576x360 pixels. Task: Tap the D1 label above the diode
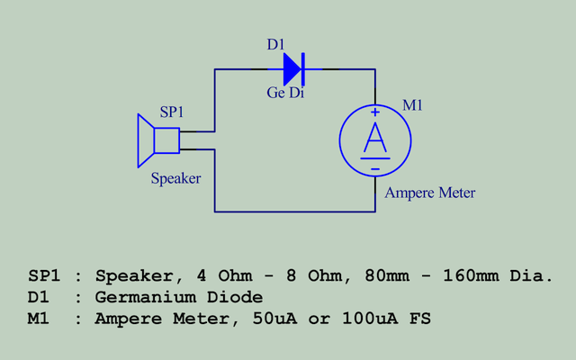[x=276, y=44]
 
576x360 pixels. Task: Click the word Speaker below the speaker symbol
[x=175, y=178]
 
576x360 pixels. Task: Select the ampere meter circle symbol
[x=375, y=139]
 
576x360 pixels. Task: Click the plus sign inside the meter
[x=375, y=112]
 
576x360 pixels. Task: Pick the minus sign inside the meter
[x=375, y=167]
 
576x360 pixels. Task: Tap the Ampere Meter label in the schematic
[x=429, y=193]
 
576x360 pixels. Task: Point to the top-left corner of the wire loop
[x=215, y=68]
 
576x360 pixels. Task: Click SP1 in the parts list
[x=45, y=275]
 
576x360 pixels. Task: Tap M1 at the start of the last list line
[x=40, y=319]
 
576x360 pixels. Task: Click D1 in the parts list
[x=40, y=297]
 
